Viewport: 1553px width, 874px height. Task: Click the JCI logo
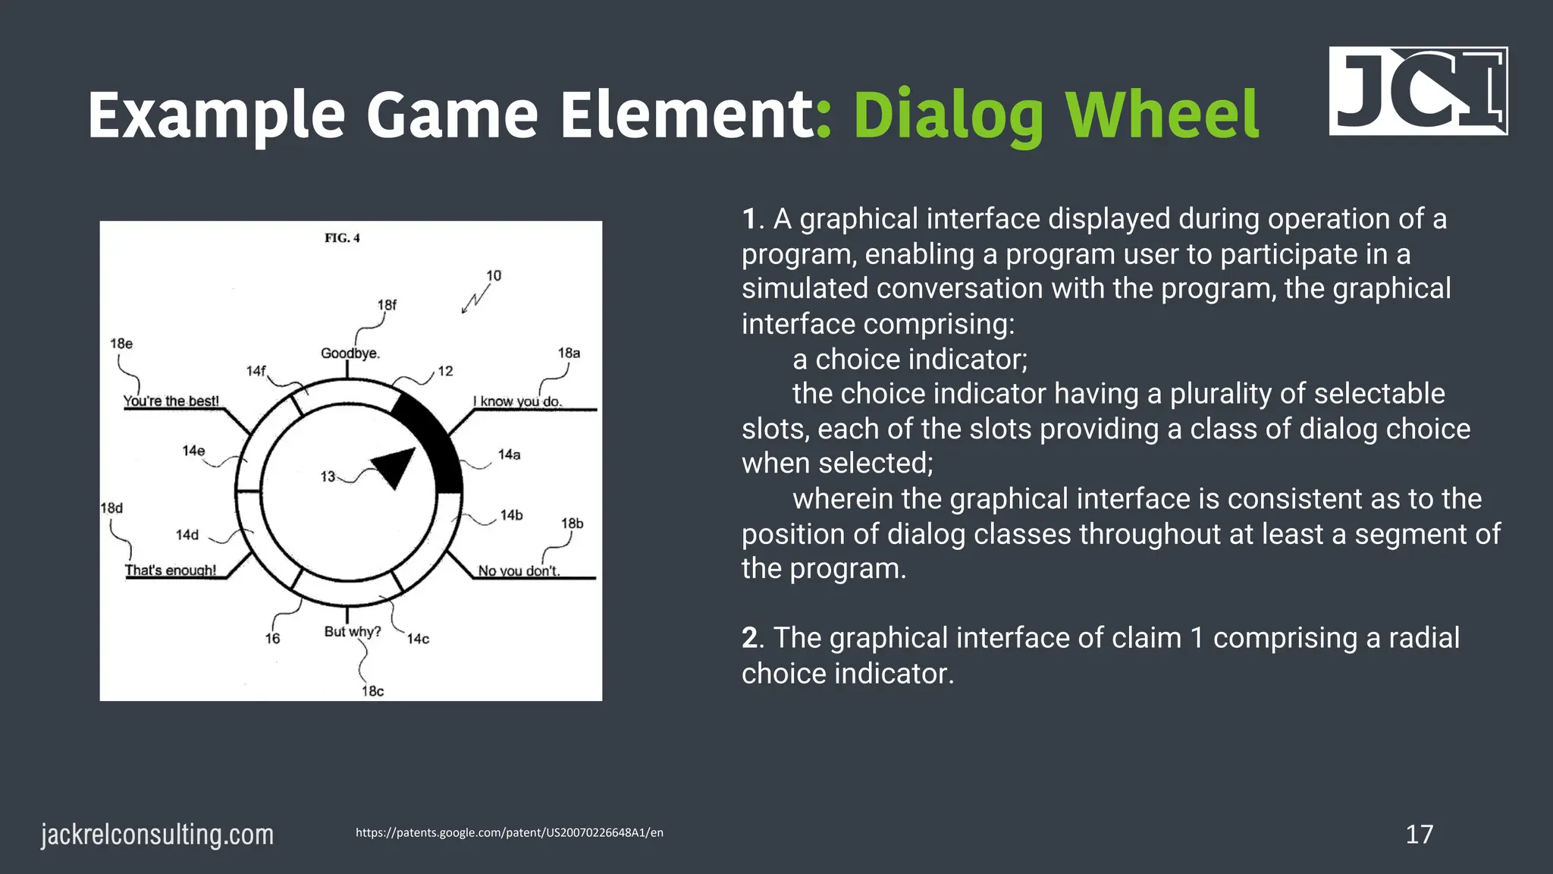(x=1418, y=91)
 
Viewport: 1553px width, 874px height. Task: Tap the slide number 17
(x=1419, y=835)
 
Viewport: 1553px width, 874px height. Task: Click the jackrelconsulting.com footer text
(x=157, y=835)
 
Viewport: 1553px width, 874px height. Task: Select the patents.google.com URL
(x=509, y=832)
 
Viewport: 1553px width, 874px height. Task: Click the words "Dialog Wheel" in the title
(x=1056, y=115)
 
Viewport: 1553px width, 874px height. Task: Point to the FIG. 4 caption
(x=342, y=238)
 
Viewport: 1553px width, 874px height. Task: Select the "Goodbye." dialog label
(x=350, y=354)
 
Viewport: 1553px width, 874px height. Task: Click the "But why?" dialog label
(x=352, y=631)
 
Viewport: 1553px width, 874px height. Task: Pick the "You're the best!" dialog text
(x=171, y=401)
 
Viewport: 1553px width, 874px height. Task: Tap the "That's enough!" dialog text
(x=171, y=570)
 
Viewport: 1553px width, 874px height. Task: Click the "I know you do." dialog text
(x=518, y=401)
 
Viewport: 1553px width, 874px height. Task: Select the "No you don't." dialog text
(x=519, y=571)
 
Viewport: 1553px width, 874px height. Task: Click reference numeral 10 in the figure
(x=494, y=275)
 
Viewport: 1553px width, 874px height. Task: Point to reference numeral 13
(x=328, y=476)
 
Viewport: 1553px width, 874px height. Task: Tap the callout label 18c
(x=372, y=691)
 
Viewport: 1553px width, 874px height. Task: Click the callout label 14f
(x=256, y=371)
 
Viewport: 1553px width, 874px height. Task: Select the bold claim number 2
(x=751, y=638)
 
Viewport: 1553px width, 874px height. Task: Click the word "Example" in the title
(x=217, y=115)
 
